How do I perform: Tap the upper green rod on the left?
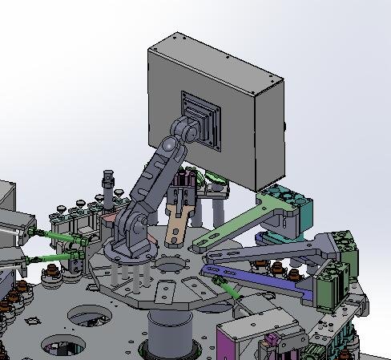pos(56,236)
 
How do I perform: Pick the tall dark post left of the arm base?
pos(108,192)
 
